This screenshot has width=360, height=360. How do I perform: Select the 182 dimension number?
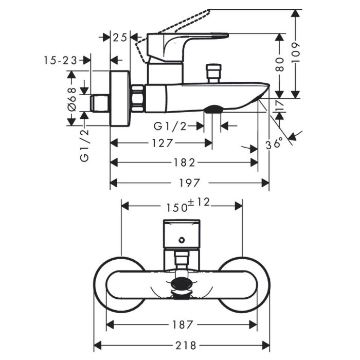pyautogui.click(x=184, y=163)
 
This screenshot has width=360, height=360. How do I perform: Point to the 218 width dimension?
pyautogui.click(x=182, y=345)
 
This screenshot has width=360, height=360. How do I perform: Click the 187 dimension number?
pyautogui.click(x=183, y=325)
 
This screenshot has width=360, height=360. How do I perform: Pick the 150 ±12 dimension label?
pyautogui.click(x=188, y=205)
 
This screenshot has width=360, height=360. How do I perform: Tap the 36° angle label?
pyautogui.click(x=275, y=143)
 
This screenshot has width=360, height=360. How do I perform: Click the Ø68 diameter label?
pyautogui.click(x=71, y=98)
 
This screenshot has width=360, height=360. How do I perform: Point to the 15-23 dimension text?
pyautogui.click(x=61, y=60)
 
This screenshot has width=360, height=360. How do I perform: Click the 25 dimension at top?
pyautogui.click(x=120, y=37)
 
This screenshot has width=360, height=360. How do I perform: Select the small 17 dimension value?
pyautogui.click(x=280, y=105)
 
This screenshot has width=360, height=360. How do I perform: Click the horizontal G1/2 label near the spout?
pyautogui.click(x=171, y=125)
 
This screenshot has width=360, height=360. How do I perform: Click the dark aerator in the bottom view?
pyautogui.click(x=182, y=284)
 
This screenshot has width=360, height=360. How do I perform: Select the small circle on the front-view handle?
pyautogui.click(x=181, y=239)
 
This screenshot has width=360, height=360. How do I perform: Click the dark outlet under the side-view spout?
pyautogui.click(x=213, y=109)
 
